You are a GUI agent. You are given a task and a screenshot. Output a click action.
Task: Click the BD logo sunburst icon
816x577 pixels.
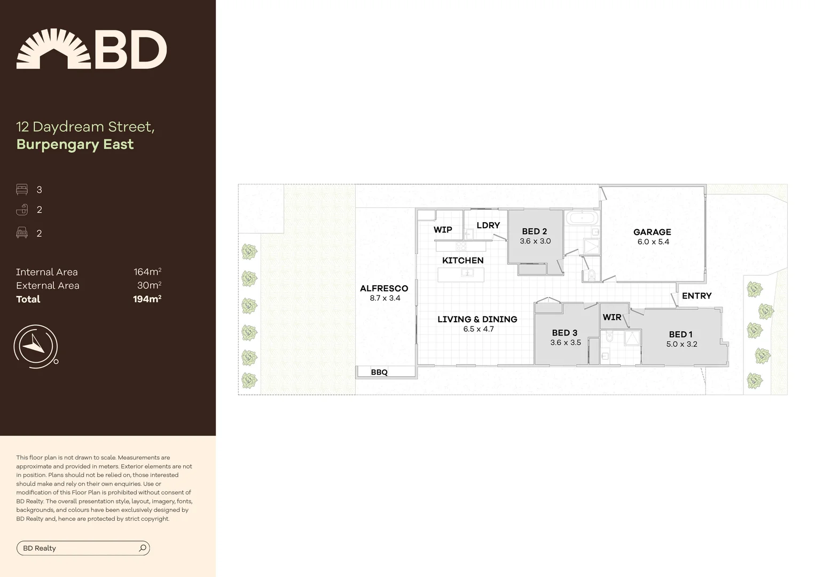53,49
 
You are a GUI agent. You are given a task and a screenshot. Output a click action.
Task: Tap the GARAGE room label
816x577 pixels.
652,232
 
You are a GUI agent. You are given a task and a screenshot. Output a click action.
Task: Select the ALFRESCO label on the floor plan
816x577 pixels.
383,288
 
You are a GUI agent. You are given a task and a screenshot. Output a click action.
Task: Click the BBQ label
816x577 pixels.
379,372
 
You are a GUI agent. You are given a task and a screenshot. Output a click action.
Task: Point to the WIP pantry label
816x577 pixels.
443,230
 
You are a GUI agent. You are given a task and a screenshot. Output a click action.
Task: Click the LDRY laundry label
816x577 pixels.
488,225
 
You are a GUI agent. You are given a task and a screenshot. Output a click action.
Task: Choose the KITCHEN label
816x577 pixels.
462,261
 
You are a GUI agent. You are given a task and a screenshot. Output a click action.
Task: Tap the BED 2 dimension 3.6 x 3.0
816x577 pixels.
535,241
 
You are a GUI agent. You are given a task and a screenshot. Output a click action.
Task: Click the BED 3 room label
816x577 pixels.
564,333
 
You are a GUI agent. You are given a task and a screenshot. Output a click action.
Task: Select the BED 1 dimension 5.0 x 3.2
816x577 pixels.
681,345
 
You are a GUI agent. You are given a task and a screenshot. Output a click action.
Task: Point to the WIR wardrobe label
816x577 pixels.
612,317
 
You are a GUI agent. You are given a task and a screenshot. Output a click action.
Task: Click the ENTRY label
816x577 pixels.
696,296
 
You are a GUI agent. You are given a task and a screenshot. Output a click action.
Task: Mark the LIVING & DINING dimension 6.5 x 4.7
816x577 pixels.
478,329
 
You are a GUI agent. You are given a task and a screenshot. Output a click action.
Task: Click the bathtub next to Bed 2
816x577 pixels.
582,218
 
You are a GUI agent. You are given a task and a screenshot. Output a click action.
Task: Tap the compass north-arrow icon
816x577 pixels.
35,346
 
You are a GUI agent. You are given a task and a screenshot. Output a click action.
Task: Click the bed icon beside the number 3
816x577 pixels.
22,190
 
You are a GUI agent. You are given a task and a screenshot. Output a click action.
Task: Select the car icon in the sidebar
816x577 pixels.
22,233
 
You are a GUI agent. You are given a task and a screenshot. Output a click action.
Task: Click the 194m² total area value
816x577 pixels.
147,299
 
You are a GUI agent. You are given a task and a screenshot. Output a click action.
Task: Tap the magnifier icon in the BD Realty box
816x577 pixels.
143,548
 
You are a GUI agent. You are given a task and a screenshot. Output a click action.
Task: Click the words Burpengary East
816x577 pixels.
75,145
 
